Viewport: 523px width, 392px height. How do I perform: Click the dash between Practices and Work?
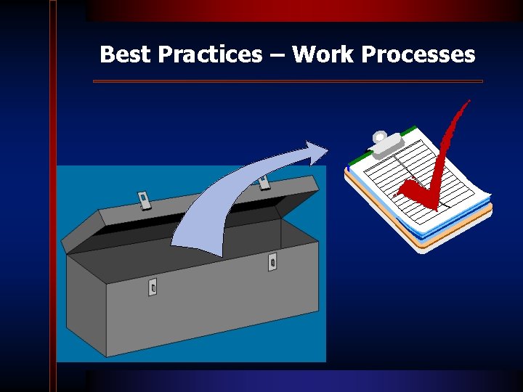pyautogui.click(x=277, y=55)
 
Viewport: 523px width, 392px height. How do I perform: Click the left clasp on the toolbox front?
pyautogui.click(x=153, y=287)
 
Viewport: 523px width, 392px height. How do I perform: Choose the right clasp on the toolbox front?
pyautogui.click(x=272, y=261)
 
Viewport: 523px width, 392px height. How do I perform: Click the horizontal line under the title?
pyautogui.click(x=288, y=81)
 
